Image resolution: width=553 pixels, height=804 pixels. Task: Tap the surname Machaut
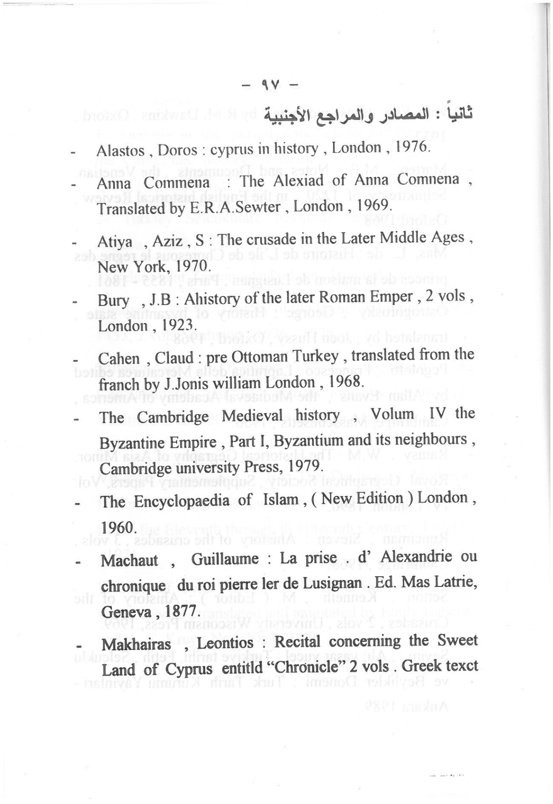click(130, 560)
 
